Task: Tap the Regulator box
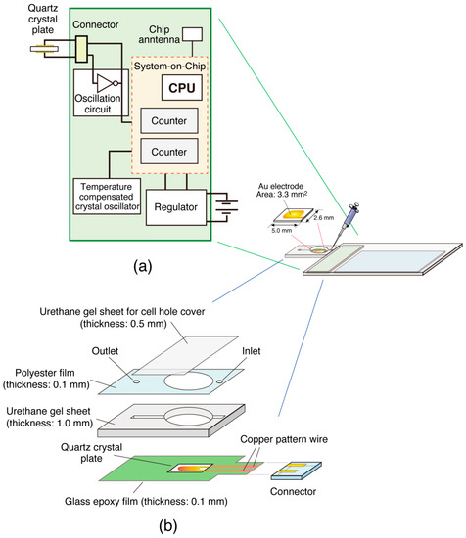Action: click(177, 204)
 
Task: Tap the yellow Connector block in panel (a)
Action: click(81, 45)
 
